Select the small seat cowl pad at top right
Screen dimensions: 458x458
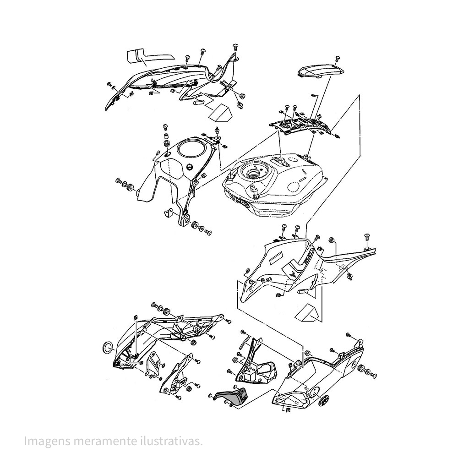321,71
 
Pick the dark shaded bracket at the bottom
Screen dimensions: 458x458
233,395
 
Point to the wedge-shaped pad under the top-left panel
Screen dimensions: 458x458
219,112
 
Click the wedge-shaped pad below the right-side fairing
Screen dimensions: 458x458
307,313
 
